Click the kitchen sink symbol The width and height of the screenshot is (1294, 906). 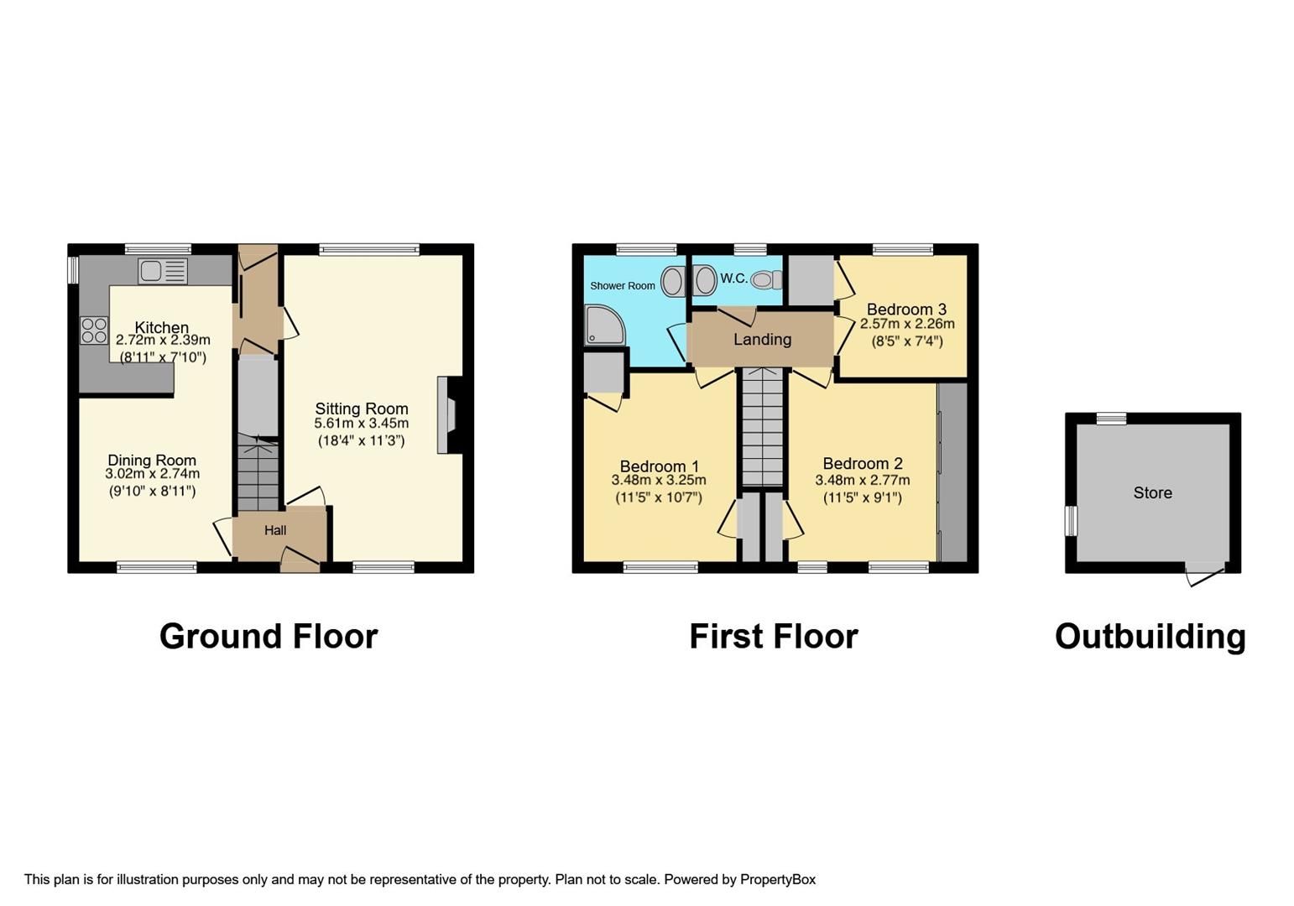pyautogui.click(x=164, y=271)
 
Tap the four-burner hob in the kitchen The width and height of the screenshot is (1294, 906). pyautogui.click(x=93, y=330)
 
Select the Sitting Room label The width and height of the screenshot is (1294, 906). pyautogui.click(x=361, y=409)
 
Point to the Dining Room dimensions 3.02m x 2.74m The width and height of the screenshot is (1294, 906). pyautogui.click(x=152, y=475)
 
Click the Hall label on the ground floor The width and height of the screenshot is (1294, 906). pyautogui.click(x=275, y=530)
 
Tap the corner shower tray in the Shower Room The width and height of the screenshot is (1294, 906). pyautogui.click(x=604, y=325)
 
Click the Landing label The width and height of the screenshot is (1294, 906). pyautogui.click(x=762, y=339)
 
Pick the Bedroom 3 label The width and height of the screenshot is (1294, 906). pyautogui.click(x=906, y=309)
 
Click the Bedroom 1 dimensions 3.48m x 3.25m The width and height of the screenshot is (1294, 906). pyautogui.click(x=658, y=481)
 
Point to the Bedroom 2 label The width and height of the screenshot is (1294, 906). pyautogui.click(x=862, y=463)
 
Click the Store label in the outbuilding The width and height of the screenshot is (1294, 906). pyautogui.click(x=1152, y=492)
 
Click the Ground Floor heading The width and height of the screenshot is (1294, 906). pyautogui.click(x=269, y=636)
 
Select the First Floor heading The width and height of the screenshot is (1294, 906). pyautogui.click(x=773, y=636)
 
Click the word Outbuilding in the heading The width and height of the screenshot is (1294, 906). pyautogui.click(x=1150, y=636)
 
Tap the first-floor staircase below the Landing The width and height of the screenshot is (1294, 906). pyautogui.click(x=763, y=428)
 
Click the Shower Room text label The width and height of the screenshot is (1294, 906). pyautogui.click(x=622, y=286)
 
